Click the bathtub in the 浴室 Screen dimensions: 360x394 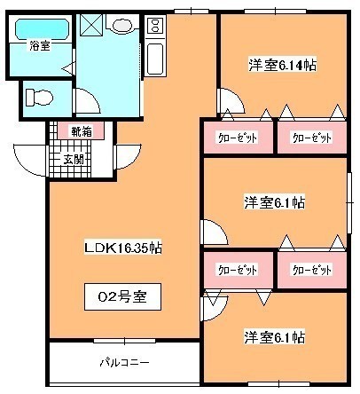click(42, 28)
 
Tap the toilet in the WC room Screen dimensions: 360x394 click(39, 98)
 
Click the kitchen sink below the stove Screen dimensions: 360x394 click(155, 59)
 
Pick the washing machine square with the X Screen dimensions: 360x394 click(91, 25)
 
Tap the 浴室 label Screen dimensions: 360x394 click(39, 45)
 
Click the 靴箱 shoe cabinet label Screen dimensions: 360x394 click(82, 131)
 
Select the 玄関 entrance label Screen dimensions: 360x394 click(73, 160)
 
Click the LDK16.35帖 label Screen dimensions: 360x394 click(123, 248)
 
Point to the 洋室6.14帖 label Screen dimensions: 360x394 click(282, 65)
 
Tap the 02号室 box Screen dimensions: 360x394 click(122, 296)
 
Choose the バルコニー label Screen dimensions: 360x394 click(124, 362)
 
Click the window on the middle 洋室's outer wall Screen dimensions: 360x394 click(349, 203)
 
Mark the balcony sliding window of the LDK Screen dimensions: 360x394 click(124, 341)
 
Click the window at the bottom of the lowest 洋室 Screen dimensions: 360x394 click(278, 384)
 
